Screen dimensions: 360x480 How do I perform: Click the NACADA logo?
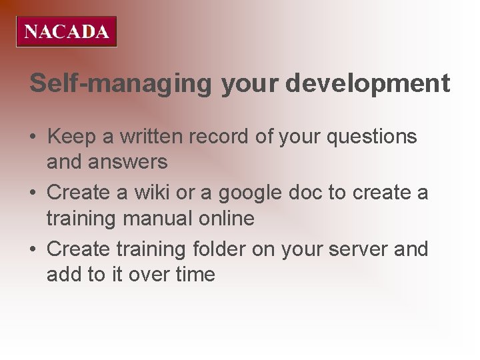67,31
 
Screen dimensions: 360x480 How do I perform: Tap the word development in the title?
368,84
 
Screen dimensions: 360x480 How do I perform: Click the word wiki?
149,193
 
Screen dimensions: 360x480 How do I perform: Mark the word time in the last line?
193,274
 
